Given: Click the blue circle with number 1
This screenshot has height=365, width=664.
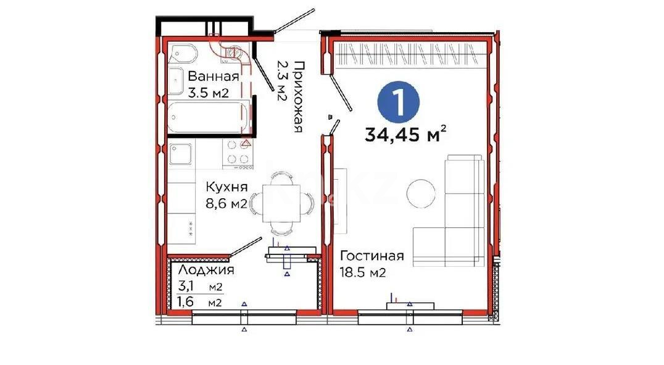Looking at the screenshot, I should tap(398, 103).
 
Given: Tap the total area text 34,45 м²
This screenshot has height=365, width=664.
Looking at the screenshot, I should tap(405, 134).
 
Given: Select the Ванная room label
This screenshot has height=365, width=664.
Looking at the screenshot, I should tap(213, 77).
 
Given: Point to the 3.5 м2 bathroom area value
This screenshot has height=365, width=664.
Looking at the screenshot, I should tap(209, 94).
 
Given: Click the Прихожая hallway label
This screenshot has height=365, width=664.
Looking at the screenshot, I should tap(299, 97).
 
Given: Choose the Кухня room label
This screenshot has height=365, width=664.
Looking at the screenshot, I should tap(226, 187).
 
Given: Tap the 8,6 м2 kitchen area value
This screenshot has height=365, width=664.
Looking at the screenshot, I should tap(226, 204).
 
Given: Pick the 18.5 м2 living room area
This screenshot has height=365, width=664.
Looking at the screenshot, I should tap(363, 272).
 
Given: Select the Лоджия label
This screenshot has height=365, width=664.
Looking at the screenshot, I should tap(205, 270).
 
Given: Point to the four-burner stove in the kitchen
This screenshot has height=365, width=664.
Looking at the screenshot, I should tap(237, 153).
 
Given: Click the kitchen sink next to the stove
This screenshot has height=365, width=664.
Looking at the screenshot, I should tap(181, 153).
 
